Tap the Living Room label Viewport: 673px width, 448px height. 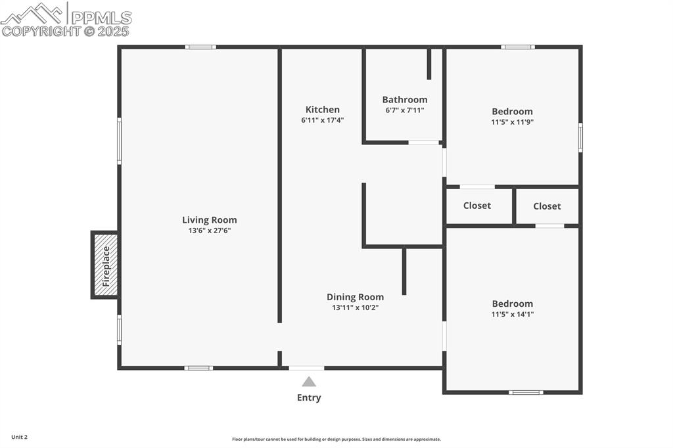click(209, 220)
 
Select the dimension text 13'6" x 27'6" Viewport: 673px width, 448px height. click(209, 231)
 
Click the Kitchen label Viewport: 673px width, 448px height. click(323, 110)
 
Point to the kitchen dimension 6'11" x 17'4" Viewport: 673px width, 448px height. click(323, 120)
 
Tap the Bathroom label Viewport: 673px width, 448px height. click(405, 100)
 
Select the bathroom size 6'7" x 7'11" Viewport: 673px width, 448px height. click(405, 110)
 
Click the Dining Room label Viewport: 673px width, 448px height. click(355, 297)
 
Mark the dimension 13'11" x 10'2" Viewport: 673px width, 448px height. click(355, 307)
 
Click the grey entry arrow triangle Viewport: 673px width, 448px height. click(309, 382)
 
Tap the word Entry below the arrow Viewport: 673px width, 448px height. click(309, 397)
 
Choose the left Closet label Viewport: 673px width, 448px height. click(477, 206)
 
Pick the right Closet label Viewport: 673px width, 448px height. click(547, 206)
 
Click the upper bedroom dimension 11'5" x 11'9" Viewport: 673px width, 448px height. click(513, 122)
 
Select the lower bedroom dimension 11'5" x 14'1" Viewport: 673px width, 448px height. click(513, 314)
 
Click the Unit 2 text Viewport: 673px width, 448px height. click(19, 437)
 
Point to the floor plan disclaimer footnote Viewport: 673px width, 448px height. click(336, 439)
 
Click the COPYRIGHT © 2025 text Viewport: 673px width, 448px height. click(65, 31)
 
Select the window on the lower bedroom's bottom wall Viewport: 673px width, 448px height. click(526, 392)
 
